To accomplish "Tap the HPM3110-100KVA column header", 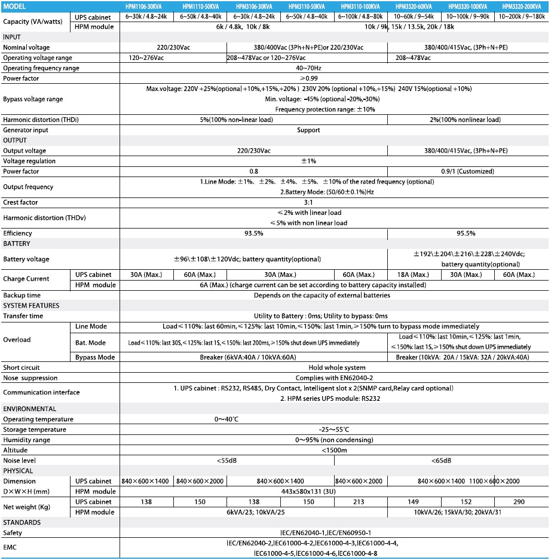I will [361, 6].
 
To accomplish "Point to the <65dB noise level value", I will [441, 461].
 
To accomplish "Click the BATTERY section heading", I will [17, 244].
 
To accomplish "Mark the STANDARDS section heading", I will [22, 522].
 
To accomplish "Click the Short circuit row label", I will [22, 367].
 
